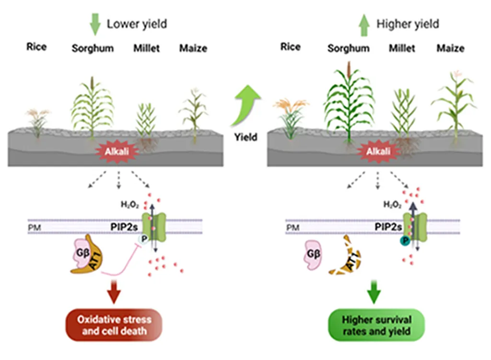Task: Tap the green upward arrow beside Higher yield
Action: click(364, 24)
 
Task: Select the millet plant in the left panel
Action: click(146, 120)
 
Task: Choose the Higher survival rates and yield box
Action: click(376, 325)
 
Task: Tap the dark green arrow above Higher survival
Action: click(374, 292)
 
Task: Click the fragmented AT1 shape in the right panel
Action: click(345, 257)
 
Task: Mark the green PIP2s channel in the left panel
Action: click(157, 225)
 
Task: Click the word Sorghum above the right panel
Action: click(348, 48)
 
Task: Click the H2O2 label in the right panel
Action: click(391, 205)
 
